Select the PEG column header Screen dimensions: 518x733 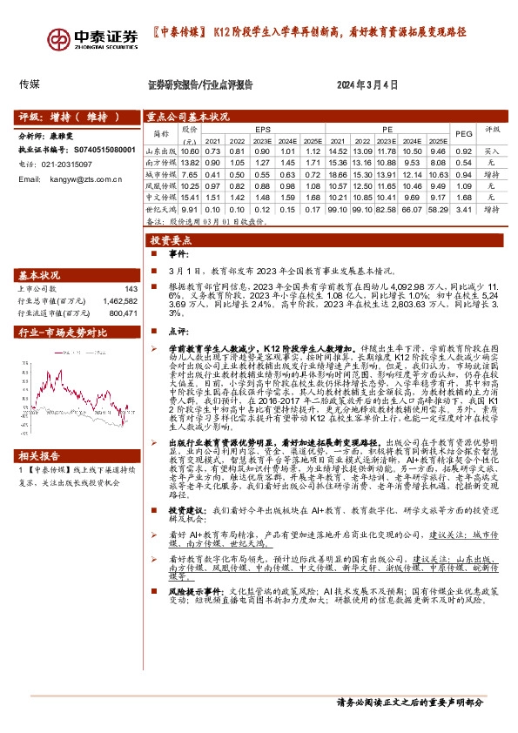463,133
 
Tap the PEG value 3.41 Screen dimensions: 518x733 463,209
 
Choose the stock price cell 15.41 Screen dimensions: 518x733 189,198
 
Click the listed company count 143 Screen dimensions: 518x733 131,289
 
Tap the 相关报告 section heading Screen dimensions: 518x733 40,481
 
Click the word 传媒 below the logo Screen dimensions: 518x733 29,85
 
